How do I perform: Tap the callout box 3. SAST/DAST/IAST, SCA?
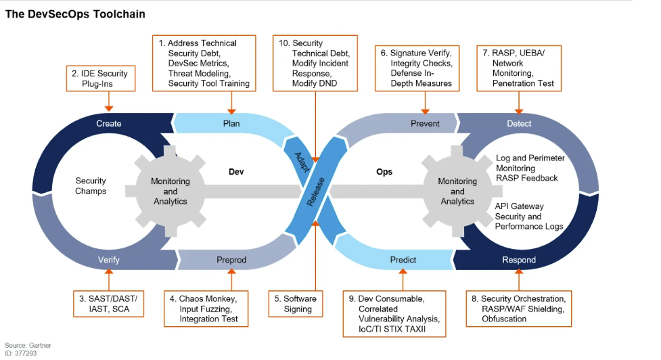click(x=108, y=304)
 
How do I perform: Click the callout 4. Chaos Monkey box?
click(x=204, y=309)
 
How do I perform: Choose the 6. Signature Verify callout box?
click(x=416, y=68)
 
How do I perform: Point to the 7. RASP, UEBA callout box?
click(x=518, y=68)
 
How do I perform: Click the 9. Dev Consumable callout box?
click(x=394, y=313)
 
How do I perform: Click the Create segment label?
click(x=109, y=123)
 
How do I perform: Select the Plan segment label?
click(x=231, y=123)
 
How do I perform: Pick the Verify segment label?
click(x=109, y=260)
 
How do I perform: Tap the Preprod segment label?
click(x=231, y=260)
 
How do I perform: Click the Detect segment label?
click(x=519, y=123)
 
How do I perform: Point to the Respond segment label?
click(x=519, y=260)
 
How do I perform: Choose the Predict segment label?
click(x=403, y=260)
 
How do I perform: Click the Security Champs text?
click(x=91, y=186)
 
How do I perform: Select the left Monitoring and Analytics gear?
click(x=170, y=192)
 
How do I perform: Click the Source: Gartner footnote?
click(x=28, y=345)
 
